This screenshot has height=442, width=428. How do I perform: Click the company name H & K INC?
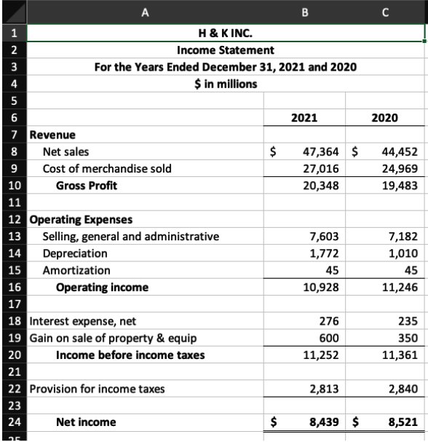coord(226,33)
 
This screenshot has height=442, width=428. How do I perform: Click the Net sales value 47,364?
coord(317,152)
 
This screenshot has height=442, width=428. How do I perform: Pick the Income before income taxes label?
coord(130,355)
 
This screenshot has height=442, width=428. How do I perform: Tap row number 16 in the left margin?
coord(13,287)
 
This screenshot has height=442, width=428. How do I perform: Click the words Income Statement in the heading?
coord(226,50)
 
